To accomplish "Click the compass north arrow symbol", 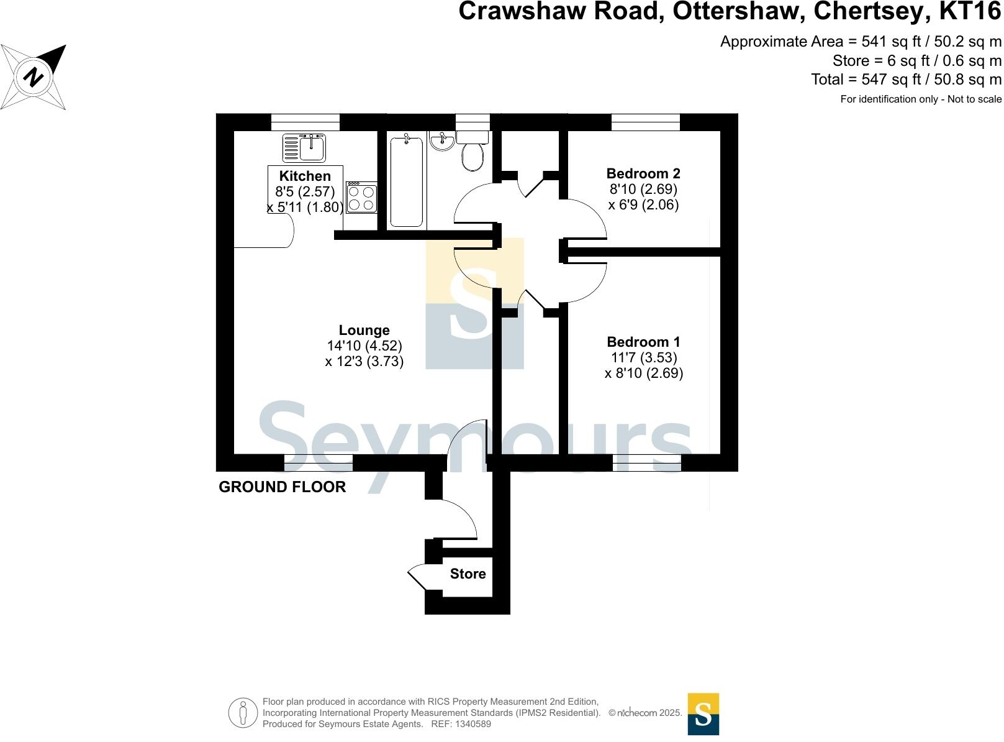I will [34, 77].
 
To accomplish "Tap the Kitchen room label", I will [305, 176].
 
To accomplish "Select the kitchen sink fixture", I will [304, 148].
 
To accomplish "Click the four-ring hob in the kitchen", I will [361, 198].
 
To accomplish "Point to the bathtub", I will [407, 181].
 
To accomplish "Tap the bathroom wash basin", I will [442, 141].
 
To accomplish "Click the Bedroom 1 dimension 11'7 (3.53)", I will [643, 357].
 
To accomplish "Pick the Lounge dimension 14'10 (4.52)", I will [364, 346].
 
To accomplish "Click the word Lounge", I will [364, 330].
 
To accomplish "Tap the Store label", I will [468, 574].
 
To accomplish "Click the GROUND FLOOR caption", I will [282, 487].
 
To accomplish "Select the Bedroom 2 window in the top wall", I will [646, 122].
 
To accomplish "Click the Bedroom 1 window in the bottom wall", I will [647, 463].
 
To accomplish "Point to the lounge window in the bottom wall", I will [319, 463].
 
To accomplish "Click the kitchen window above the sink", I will [305, 122].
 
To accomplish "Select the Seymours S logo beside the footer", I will [703, 714].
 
